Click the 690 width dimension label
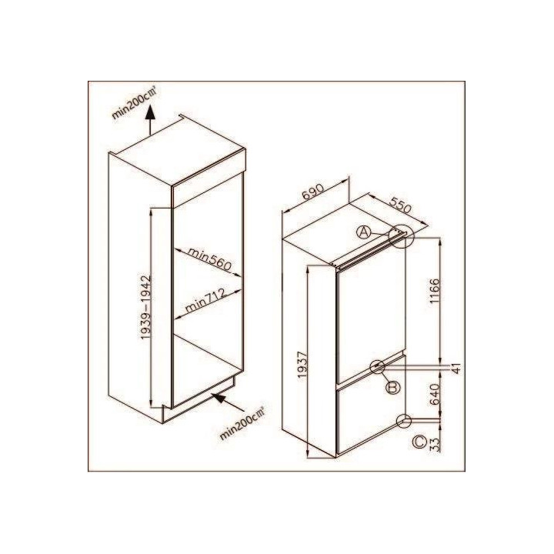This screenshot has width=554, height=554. tap(313, 192)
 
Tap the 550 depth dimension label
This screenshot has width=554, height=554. tap(400, 205)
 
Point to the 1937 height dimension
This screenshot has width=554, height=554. tap(302, 364)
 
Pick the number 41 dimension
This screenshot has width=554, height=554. tap(456, 368)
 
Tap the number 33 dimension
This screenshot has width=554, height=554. tap(435, 445)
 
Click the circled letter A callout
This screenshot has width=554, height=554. tap(363, 232)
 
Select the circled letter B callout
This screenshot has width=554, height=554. tap(393, 388)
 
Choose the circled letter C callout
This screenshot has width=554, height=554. tap(420, 442)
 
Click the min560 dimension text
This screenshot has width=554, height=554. tap(209, 259)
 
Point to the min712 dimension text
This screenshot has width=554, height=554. tap(205, 300)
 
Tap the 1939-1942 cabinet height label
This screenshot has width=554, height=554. tap(146, 307)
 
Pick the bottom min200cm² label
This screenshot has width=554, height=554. tap(242, 424)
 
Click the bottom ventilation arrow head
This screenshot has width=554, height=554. tap(219, 398)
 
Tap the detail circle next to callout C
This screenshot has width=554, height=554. tap(404, 421)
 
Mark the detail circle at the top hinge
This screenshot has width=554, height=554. tap(401, 237)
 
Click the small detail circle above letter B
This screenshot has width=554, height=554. tap(377, 367)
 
